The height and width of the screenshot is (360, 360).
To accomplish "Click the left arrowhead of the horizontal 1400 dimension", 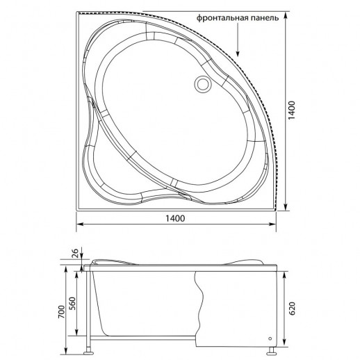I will (79, 224).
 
